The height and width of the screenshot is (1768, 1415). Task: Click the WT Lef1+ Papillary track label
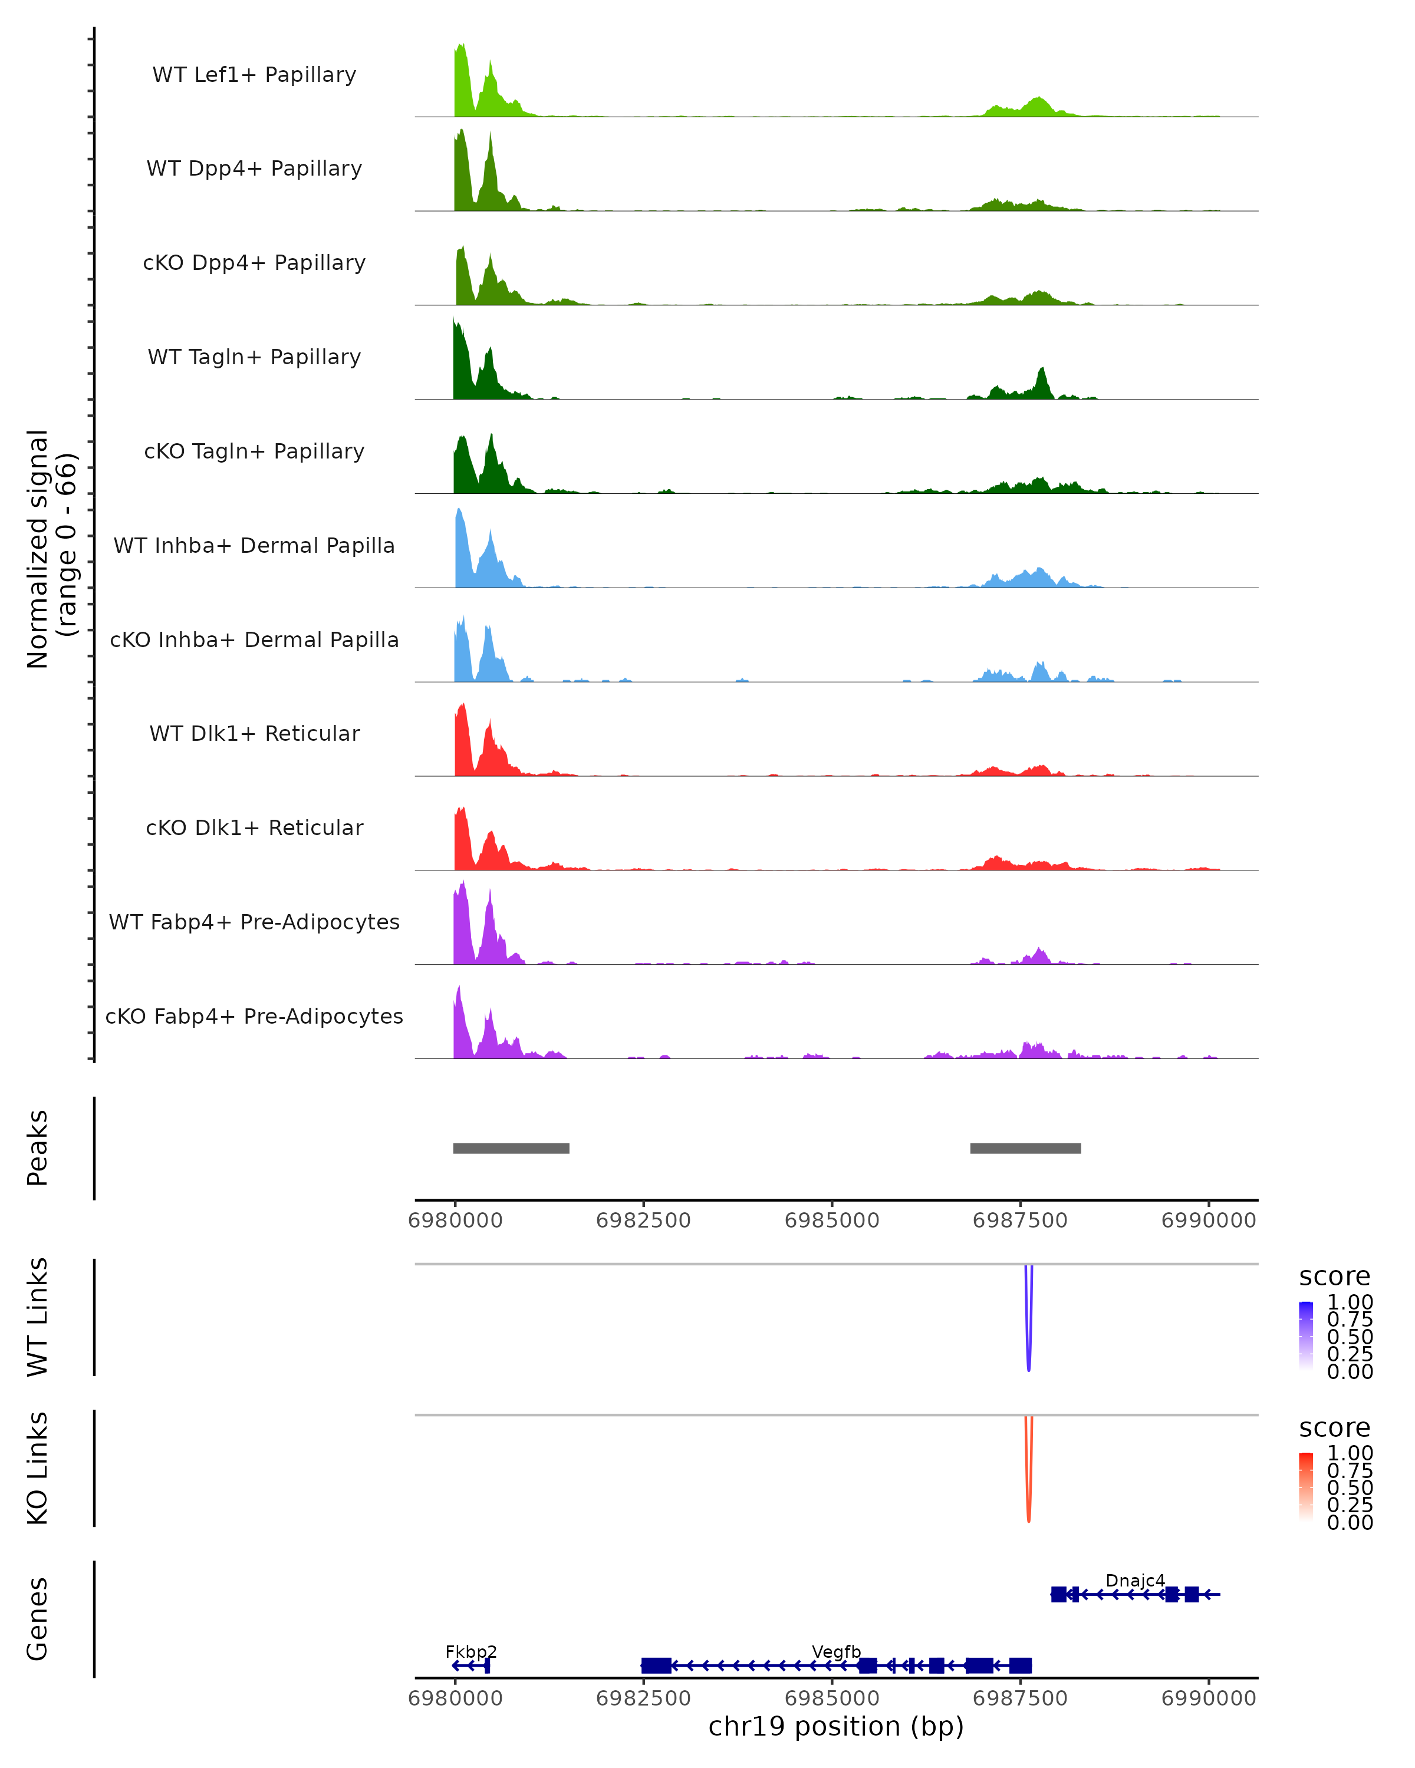click(254, 75)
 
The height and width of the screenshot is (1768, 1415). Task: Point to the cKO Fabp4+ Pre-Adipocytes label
click(254, 1016)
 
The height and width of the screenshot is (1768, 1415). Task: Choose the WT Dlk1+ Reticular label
click(254, 733)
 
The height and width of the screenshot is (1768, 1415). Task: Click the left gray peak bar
click(511, 1148)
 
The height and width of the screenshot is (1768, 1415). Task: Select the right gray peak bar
click(1025, 1148)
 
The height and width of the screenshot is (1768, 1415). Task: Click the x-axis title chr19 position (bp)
click(836, 1726)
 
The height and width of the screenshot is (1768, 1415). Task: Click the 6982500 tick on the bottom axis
click(643, 1698)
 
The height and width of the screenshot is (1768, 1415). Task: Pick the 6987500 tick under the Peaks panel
click(1019, 1221)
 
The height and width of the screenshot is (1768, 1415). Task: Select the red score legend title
click(1335, 1428)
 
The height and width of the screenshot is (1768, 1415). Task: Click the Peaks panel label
click(38, 1148)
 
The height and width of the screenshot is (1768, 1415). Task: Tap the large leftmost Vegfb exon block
click(656, 1665)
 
